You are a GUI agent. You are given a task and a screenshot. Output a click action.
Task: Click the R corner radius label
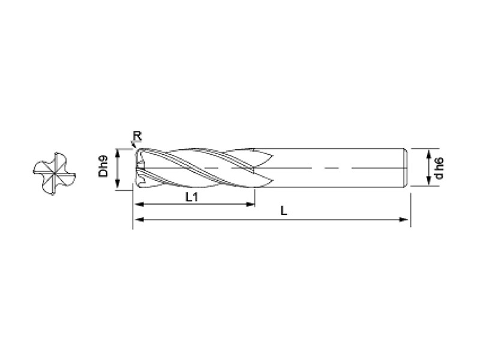(137, 136)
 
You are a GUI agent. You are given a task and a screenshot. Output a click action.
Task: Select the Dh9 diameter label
(103, 166)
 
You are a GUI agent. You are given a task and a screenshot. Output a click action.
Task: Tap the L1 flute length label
(191, 197)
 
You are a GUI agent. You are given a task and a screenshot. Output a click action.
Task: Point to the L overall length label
(284, 211)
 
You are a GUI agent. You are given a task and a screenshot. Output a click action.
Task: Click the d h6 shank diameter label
(439, 168)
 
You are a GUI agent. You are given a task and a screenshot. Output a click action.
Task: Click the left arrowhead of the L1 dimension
(139, 204)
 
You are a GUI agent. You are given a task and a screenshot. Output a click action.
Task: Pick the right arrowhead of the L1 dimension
(250, 204)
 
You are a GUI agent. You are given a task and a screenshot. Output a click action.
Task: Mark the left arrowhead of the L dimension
(139, 220)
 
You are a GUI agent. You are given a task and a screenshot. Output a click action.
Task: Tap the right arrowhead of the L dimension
(403, 220)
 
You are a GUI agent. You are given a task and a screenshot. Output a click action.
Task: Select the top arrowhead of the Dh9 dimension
(117, 154)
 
